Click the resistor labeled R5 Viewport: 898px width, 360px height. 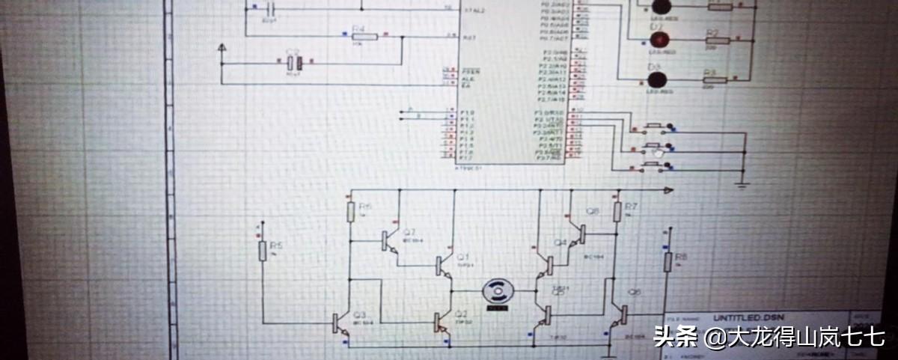pos(263,251)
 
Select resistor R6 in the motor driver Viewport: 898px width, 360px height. pos(350,213)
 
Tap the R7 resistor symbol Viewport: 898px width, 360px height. pos(618,212)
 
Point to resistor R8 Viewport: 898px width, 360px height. pos(667,262)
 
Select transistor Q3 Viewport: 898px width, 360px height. pos(338,323)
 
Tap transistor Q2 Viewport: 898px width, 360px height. pos(440,323)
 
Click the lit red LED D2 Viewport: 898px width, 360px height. pos(658,39)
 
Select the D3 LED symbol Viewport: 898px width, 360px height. pos(656,79)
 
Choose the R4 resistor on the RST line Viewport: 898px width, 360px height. pos(358,37)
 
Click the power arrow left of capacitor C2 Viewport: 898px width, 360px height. pos(222,49)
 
